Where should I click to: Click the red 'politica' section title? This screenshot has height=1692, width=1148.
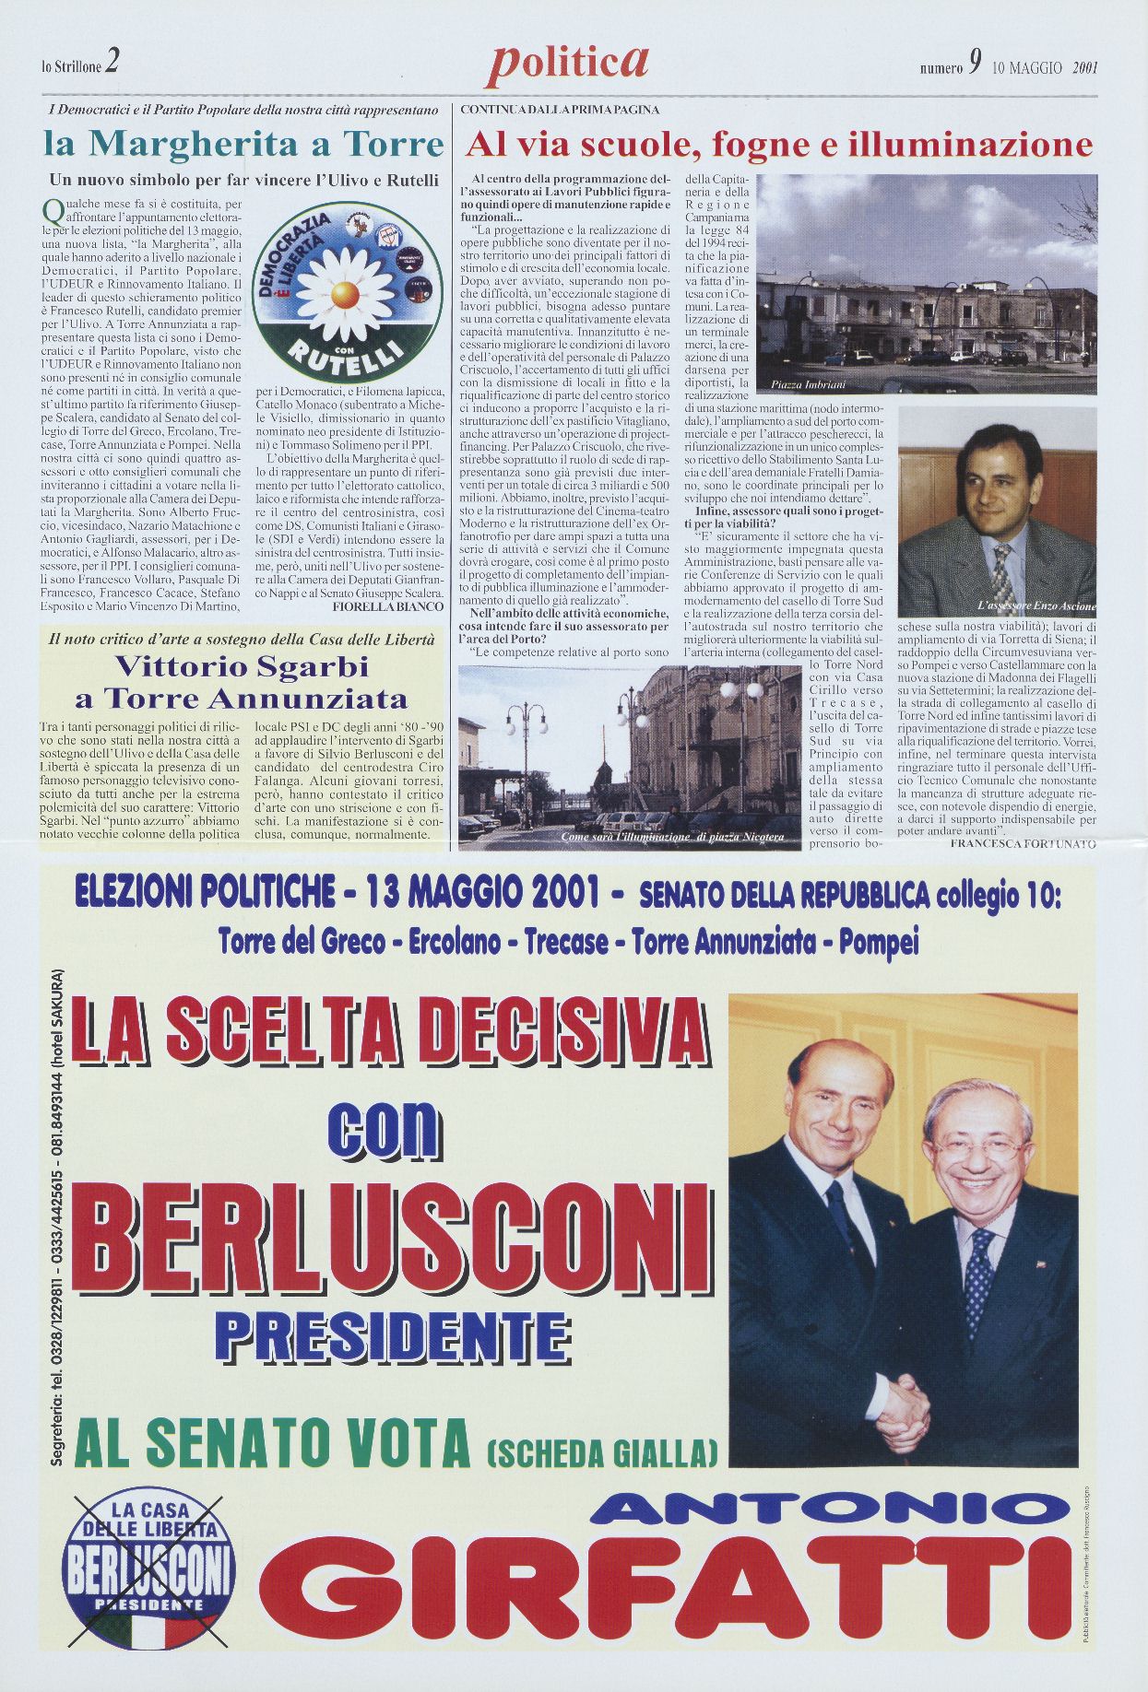click(x=568, y=62)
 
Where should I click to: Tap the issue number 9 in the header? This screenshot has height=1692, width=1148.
click(x=974, y=64)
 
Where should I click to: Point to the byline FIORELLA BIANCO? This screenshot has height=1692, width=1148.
click(x=390, y=607)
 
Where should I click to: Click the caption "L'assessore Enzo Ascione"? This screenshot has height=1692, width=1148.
click(x=1036, y=605)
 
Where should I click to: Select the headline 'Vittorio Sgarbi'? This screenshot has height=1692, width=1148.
click(x=243, y=664)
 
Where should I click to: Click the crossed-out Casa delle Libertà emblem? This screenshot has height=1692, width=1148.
click(x=148, y=1567)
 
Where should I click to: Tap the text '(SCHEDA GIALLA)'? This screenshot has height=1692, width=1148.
click(x=601, y=1453)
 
